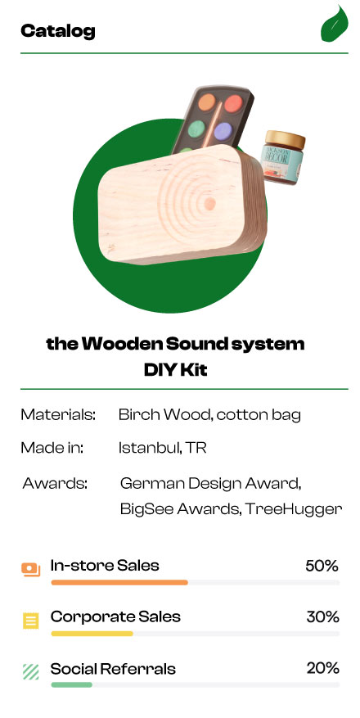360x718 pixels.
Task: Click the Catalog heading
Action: (58, 31)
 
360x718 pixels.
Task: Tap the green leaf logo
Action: (335, 24)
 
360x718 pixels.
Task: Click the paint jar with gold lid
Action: (283, 157)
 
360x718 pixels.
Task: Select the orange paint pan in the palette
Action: (207, 102)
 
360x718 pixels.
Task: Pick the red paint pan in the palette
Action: (233, 103)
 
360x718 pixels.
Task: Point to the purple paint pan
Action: (223, 132)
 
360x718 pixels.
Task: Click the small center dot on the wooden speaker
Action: (209, 204)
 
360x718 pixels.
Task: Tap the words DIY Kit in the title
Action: (176, 369)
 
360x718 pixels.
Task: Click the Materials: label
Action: (58, 415)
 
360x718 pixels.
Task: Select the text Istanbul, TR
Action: (162, 447)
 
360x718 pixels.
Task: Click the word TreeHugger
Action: (294, 509)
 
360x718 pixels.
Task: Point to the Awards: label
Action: (55, 483)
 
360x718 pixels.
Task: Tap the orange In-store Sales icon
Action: (30, 569)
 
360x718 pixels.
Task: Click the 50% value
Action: (322, 566)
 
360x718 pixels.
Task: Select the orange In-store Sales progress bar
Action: (119, 582)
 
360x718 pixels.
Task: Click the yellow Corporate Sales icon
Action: (30, 621)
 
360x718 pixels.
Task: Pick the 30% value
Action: (322, 617)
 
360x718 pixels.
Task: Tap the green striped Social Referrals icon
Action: (30, 672)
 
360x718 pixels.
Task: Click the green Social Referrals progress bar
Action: (71, 685)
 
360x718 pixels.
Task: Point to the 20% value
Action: (322, 669)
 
